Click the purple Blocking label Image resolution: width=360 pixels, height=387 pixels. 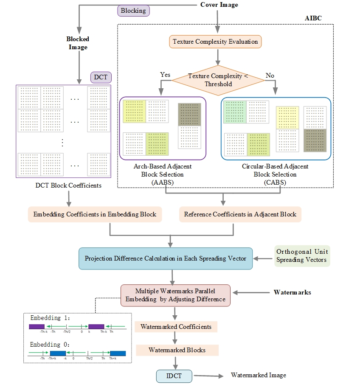click(x=133, y=11)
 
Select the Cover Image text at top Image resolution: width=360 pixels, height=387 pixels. click(x=219, y=5)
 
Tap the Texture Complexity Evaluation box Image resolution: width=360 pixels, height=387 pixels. click(x=215, y=42)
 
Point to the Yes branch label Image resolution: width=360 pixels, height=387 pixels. click(x=165, y=75)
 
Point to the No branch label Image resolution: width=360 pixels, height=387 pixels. click(x=270, y=76)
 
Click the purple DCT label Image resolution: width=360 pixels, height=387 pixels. click(x=101, y=77)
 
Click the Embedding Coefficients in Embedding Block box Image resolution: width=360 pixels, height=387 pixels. click(x=95, y=214)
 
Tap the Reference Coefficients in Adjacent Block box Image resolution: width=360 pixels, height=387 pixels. click(x=240, y=214)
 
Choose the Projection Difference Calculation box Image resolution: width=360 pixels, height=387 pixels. click(x=166, y=258)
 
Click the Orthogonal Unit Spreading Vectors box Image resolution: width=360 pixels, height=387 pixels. click(x=302, y=255)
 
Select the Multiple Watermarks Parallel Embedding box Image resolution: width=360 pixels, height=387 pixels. click(x=175, y=295)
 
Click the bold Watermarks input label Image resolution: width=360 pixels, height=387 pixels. click(x=292, y=292)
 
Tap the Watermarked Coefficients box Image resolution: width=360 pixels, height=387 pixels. click(x=176, y=327)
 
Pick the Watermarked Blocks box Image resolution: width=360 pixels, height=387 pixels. click(x=177, y=350)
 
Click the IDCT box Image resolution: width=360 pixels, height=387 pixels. click(x=174, y=376)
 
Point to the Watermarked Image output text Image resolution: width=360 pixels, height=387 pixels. click(x=258, y=375)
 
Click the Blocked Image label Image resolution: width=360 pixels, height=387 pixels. click(x=78, y=43)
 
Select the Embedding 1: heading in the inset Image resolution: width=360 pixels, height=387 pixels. click(x=46, y=317)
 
